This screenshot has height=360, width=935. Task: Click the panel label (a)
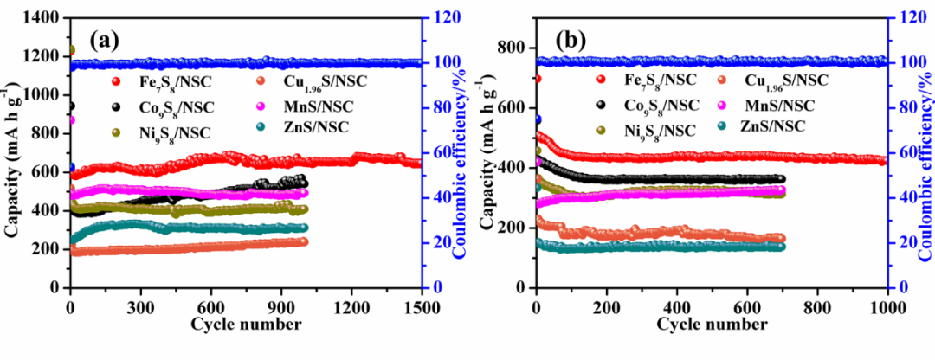102,40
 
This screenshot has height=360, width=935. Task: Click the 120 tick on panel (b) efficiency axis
908,18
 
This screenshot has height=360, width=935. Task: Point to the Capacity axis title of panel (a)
12,151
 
